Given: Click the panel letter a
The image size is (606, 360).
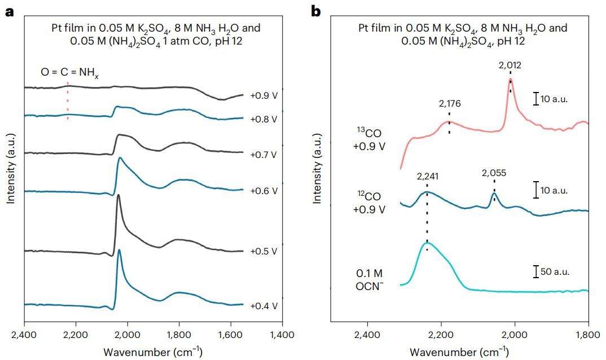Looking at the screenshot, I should click(9, 11).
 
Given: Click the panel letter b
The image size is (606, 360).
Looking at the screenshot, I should click(316, 11).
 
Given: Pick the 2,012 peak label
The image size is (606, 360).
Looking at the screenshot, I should click(510, 65).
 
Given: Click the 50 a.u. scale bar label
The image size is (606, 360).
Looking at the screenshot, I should click(555, 271).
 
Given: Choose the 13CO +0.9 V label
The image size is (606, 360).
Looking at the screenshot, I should click(370, 139).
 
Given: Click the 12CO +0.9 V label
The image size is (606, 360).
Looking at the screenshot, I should click(370, 203).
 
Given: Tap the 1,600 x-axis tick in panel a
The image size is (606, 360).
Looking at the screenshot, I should click(230, 335).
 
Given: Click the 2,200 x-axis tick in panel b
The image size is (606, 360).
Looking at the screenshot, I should click(441, 335).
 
